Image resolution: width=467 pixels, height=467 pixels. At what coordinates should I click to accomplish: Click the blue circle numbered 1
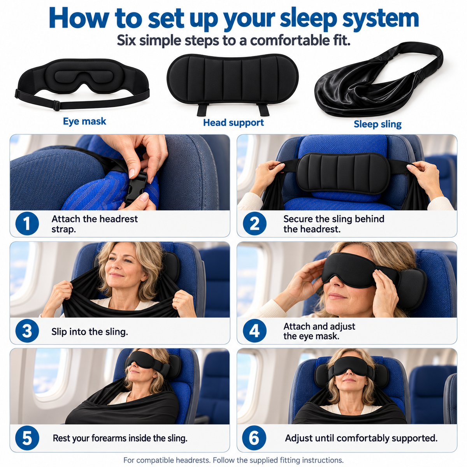pos(27,223)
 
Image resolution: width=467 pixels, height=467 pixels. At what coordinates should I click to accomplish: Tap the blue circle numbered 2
pos(255,223)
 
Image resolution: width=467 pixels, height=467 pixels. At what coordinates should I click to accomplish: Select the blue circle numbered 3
pos(27,331)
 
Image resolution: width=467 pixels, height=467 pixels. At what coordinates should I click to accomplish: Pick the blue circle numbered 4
pos(255,331)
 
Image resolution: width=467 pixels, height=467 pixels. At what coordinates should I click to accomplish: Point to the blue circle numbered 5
pos(27,438)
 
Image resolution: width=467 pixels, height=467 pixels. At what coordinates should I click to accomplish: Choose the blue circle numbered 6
pos(254,438)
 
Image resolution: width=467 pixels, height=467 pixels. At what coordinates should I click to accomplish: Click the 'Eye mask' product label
pos(84,121)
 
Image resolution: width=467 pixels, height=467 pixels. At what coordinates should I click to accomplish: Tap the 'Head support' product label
pos(233,123)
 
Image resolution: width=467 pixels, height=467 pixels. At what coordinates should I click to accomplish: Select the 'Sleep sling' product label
pos(377,124)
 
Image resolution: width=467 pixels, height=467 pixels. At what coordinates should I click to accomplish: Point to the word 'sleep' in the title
pos(308,19)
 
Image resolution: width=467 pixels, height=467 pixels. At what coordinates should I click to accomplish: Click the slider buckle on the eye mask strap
pos(56,105)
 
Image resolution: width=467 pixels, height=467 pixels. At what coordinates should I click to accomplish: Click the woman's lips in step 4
pos(335,296)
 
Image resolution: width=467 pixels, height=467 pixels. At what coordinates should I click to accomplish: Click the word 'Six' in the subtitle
pos(126,40)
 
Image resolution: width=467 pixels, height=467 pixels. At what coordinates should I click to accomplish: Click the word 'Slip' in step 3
pos(59,332)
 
